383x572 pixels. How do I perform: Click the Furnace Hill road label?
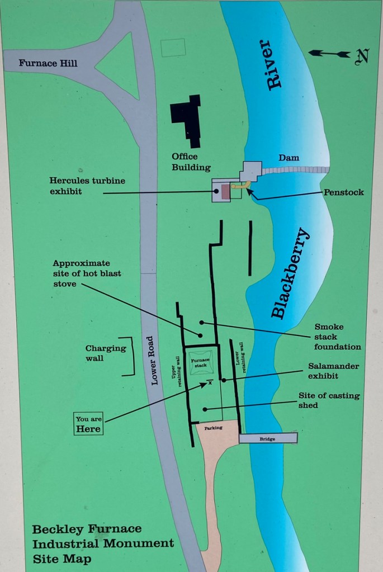[x=48, y=63]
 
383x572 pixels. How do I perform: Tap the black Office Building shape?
[x=186, y=121]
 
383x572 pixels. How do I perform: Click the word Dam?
[x=289, y=158]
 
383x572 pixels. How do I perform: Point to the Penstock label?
[x=344, y=192]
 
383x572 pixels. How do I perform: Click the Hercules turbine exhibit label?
[x=87, y=186]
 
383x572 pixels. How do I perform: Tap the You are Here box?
[x=88, y=424]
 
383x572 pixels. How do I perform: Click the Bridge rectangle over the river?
[x=268, y=438]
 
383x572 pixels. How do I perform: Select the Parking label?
[x=214, y=428]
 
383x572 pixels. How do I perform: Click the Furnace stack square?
[x=201, y=362]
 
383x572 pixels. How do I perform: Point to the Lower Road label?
[x=154, y=361]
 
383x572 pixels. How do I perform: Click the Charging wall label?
[x=106, y=353]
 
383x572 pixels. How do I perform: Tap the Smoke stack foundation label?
[x=337, y=337]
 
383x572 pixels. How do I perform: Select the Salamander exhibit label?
[x=333, y=371]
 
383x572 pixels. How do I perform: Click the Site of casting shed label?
[x=329, y=400]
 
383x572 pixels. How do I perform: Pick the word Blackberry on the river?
[x=290, y=273]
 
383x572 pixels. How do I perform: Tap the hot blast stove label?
[x=87, y=273]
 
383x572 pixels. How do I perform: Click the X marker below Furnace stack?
[x=210, y=382]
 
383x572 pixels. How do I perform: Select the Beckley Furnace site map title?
[x=103, y=543]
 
